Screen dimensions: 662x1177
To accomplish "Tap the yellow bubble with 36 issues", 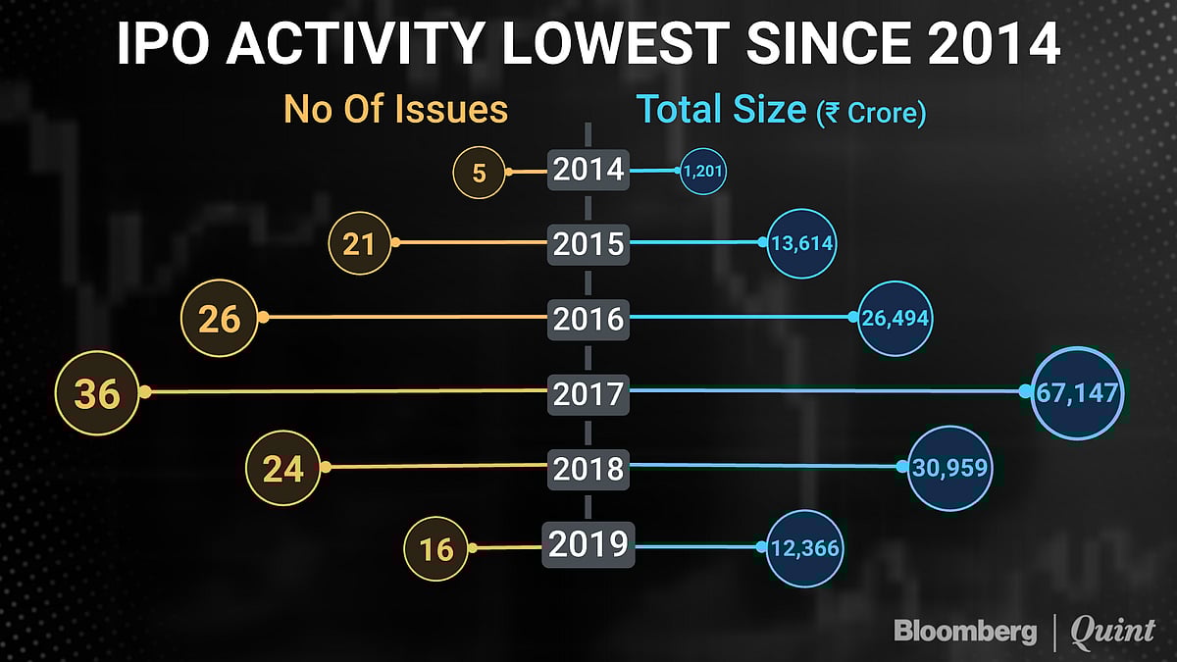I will [98, 394].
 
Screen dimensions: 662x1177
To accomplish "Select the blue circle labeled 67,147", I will [1076, 393].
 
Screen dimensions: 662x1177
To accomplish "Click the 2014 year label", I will [588, 171].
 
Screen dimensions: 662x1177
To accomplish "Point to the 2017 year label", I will [588, 394].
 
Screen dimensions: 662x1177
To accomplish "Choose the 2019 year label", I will [588, 544].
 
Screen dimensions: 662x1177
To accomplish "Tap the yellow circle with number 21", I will [360, 243].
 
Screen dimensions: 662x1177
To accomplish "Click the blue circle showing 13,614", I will [802, 243].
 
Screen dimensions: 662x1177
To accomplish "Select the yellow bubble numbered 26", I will [220, 319].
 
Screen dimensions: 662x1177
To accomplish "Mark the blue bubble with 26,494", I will [895, 318].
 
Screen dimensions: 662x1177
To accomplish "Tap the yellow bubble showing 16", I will [437, 548].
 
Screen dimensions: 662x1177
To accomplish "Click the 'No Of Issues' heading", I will [395, 110].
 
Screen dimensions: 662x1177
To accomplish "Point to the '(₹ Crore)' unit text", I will [870, 113].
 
